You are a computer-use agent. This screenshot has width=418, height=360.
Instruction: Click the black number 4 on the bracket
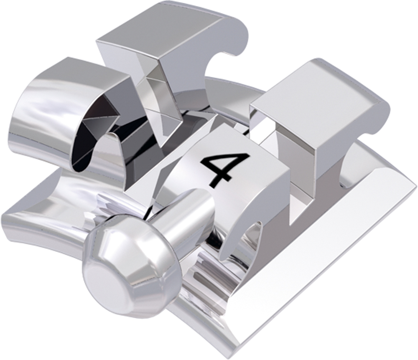pyautogui.click(x=224, y=169)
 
